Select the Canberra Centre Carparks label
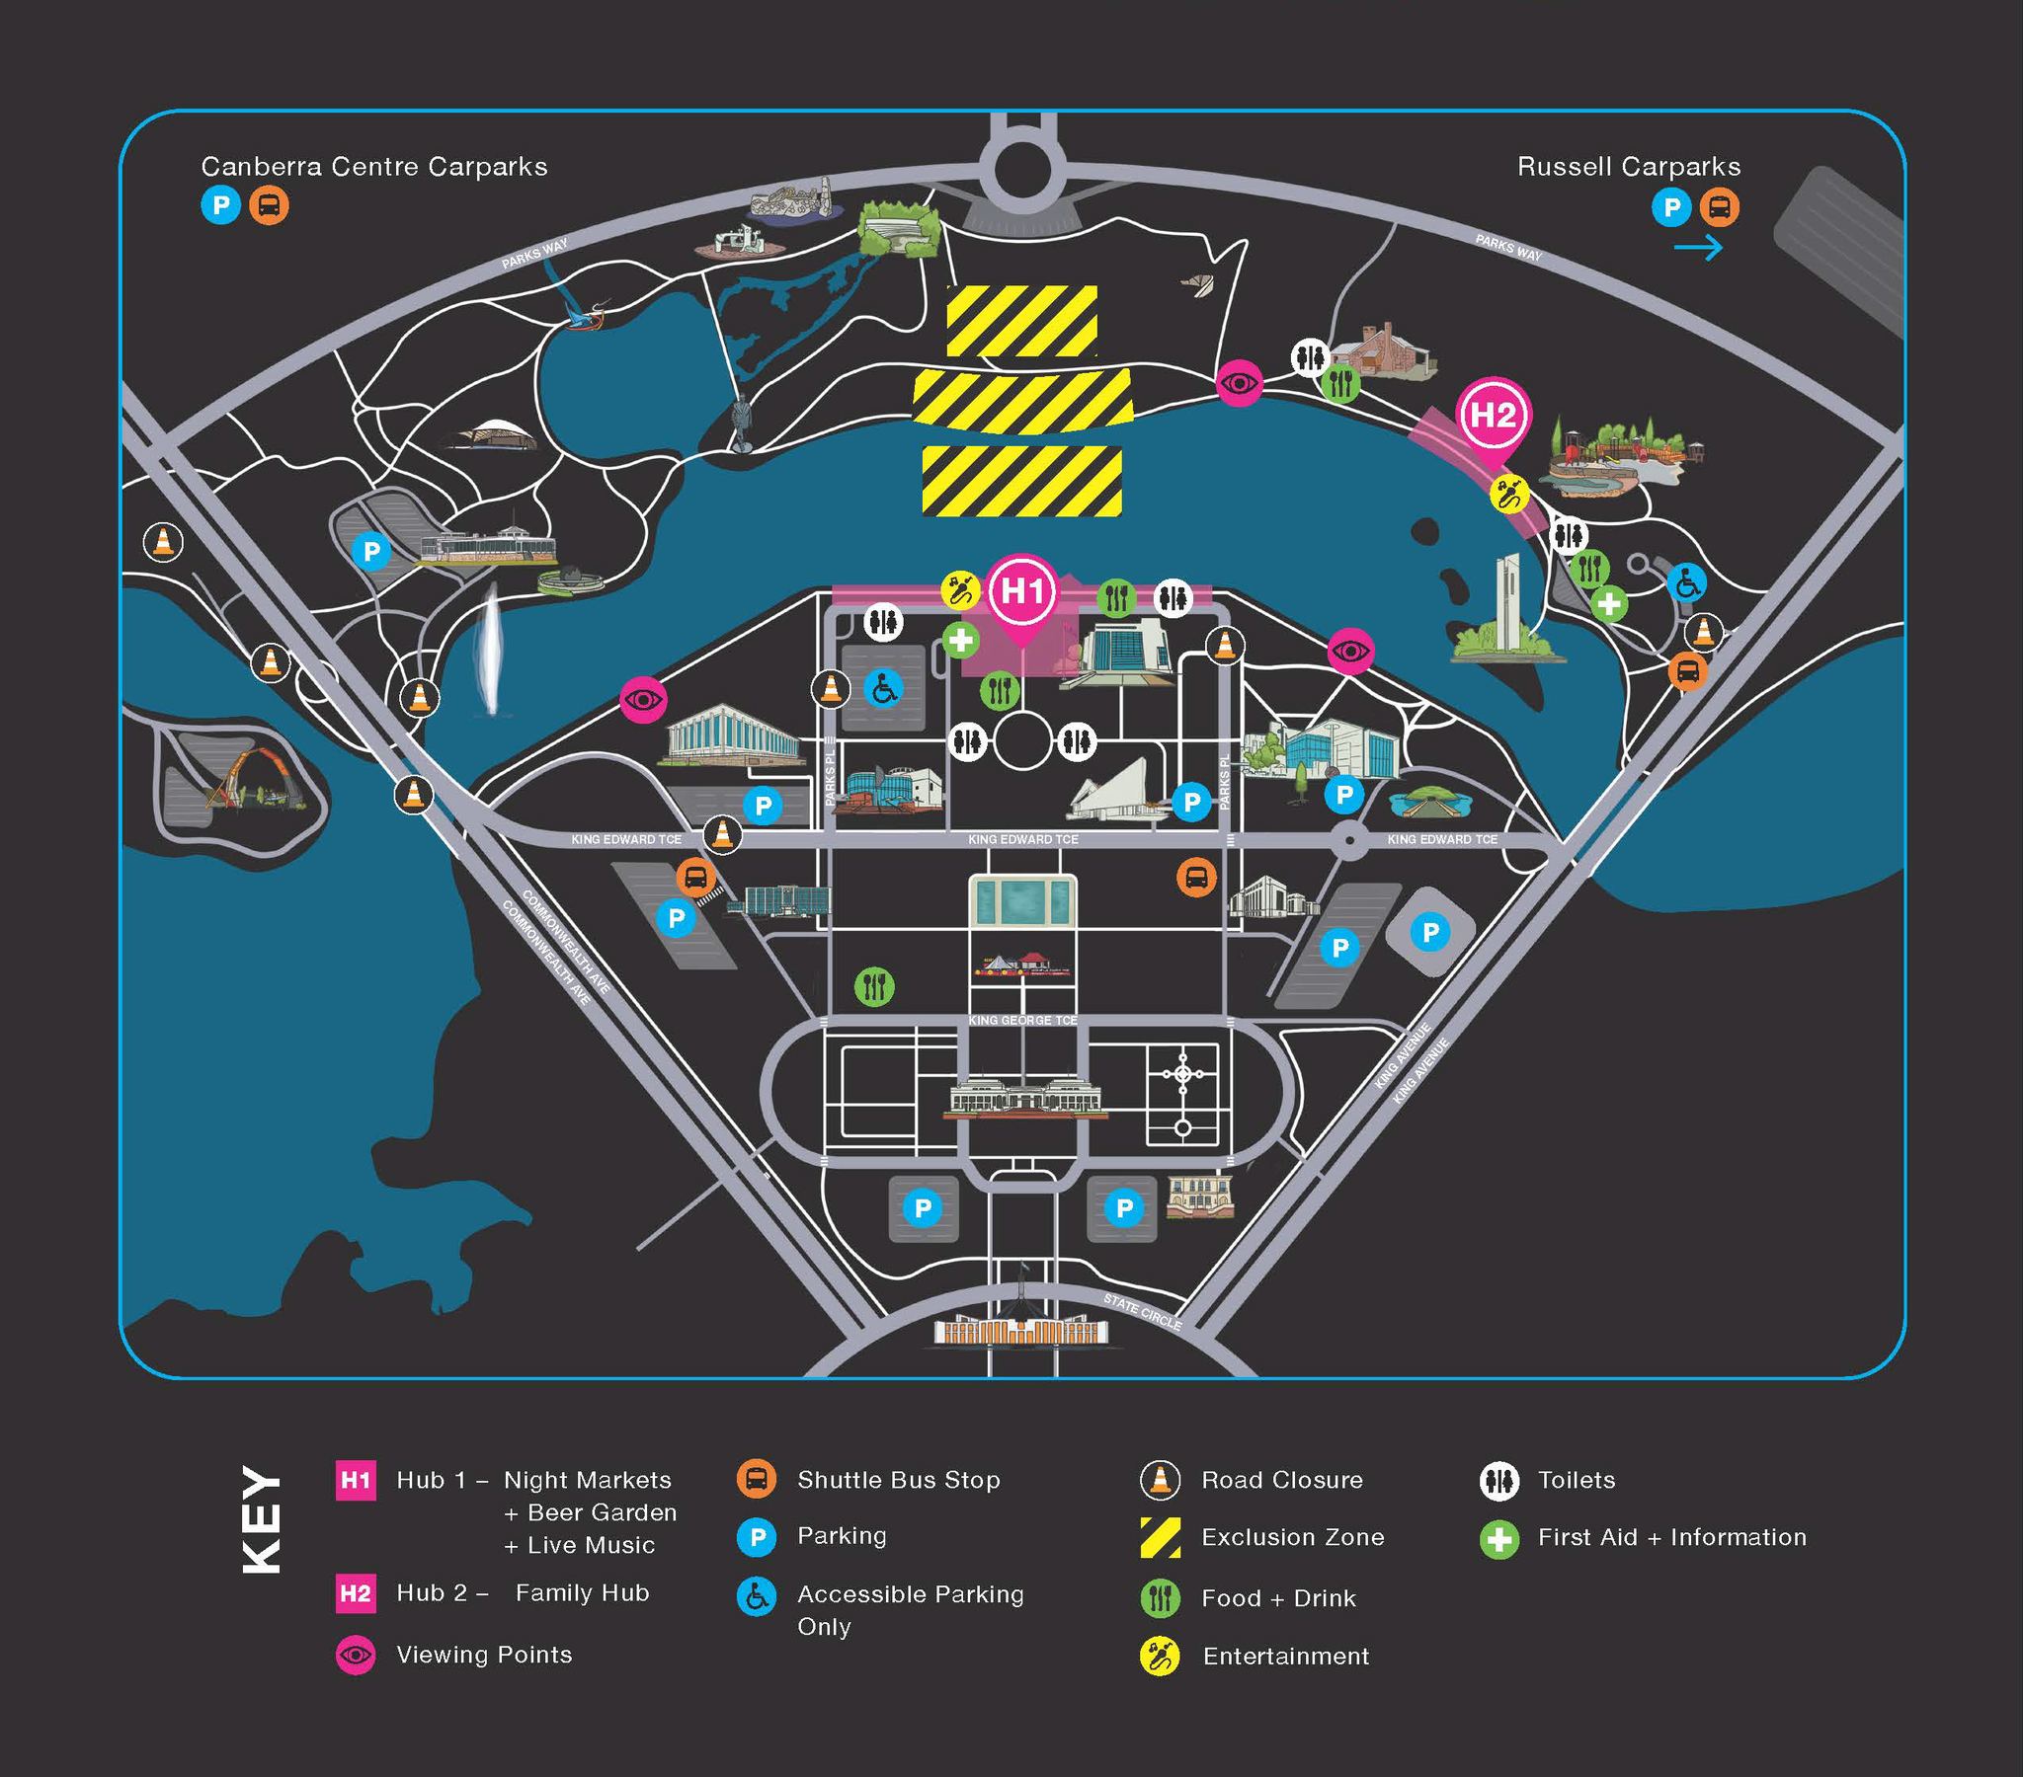(x=374, y=166)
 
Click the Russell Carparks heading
(x=1628, y=166)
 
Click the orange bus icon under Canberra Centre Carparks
(x=270, y=205)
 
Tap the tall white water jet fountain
(x=490, y=648)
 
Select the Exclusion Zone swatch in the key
(x=1160, y=1537)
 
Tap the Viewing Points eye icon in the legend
(x=356, y=1655)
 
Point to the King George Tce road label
(x=1022, y=1020)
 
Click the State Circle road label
(x=1143, y=1311)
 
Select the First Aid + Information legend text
(x=1671, y=1537)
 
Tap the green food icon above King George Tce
(x=874, y=985)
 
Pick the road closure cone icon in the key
(x=1160, y=1480)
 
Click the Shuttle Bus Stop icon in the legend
(x=756, y=1479)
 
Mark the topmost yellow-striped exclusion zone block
(x=1021, y=321)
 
